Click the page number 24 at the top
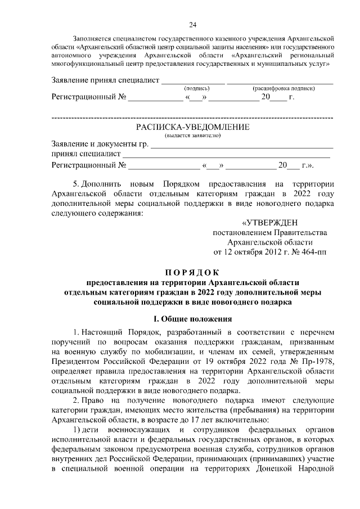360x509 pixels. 192,24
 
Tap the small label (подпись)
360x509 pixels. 197,89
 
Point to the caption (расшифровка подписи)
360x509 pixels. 283,89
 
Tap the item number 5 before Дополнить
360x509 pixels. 76,184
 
